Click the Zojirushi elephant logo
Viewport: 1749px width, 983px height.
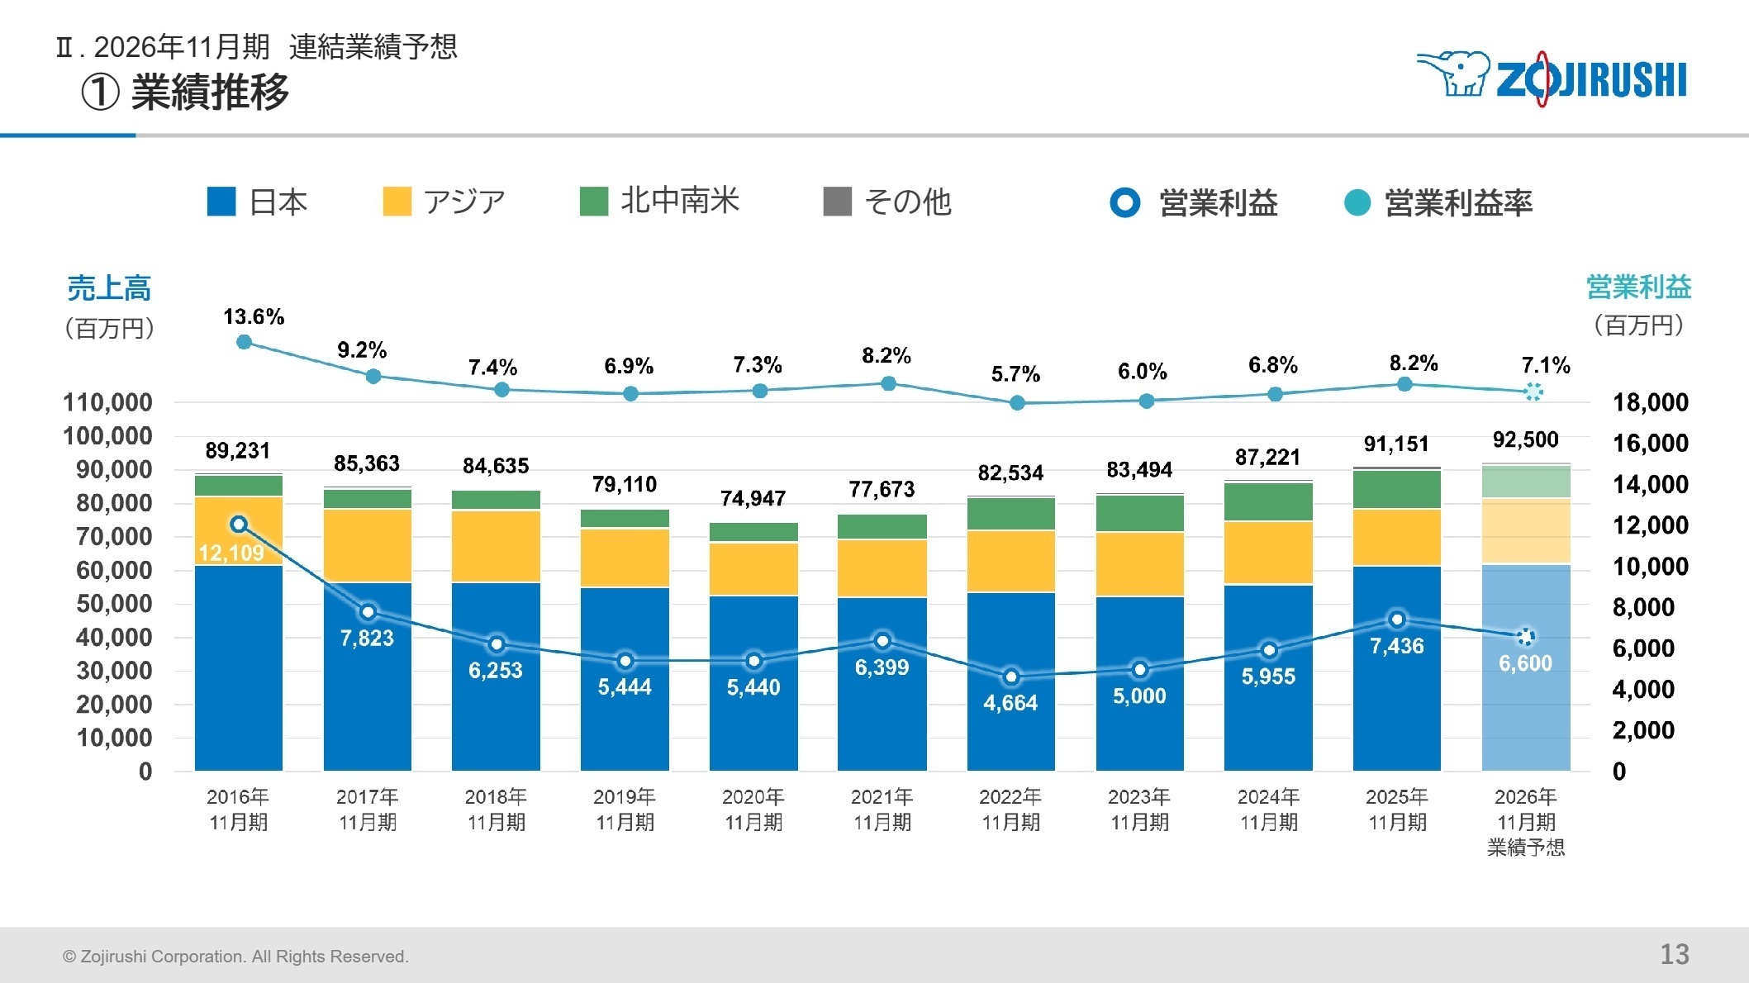click(x=1454, y=74)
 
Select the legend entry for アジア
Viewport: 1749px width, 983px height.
click(x=444, y=202)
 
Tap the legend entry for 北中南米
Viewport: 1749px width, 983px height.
click(x=659, y=201)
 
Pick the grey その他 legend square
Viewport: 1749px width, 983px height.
click(x=837, y=202)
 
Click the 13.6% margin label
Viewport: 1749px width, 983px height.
click(x=254, y=317)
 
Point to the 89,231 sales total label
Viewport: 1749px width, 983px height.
click(x=238, y=451)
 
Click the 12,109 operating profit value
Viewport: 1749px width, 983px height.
click(x=231, y=553)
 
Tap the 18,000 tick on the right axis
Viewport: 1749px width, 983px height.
click(x=1650, y=403)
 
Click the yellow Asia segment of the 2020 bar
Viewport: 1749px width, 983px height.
click(x=753, y=568)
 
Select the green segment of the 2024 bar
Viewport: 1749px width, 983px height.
click(x=1268, y=501)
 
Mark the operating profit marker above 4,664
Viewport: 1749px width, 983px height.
click(x=1011, y=677)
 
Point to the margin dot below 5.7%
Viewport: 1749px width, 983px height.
click(x=1017, y=403)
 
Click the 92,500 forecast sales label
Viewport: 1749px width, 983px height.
click(x=1525, y=439)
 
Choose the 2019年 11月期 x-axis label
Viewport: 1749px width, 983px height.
click(x=625, y=810)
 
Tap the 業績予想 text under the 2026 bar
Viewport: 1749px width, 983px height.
click(x=1526, y=848)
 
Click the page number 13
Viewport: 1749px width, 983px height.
click(x=1675, y=955)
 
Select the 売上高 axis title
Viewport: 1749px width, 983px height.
click(x=109, y=288)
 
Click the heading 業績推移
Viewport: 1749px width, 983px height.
click(x=210, y=92)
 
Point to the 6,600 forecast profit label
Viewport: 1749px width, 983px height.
click(x=1525, y=663)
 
